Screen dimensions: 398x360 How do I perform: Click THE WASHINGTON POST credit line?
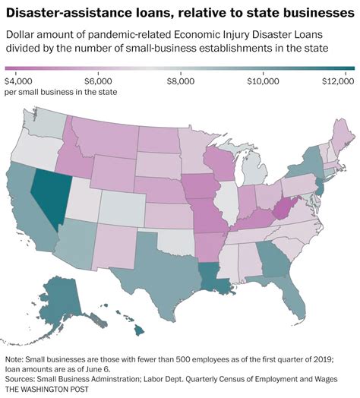[46, 389]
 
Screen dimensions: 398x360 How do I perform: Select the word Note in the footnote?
[14, 358]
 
